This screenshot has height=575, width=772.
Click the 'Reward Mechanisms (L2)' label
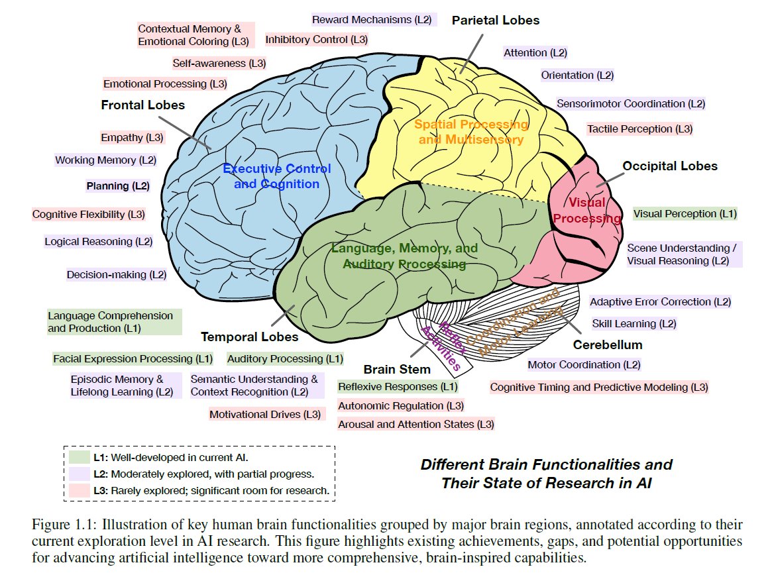coord(374,20)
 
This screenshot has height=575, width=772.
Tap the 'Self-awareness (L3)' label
coord(219,64)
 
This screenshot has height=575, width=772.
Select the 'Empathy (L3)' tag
coord(132,138)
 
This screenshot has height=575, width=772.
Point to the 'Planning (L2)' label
coord(118,186)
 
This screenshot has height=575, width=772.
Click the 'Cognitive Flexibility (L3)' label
coord(89,215)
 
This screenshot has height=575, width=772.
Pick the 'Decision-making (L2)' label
coord(116,274)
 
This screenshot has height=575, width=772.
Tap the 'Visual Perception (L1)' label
coord(685,214)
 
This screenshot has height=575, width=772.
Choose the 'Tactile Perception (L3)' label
coord(639,129)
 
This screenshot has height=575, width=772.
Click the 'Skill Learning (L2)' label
coord(634,324)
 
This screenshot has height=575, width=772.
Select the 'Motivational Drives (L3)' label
coord(265,415)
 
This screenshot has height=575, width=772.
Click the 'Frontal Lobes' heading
coord(142,105)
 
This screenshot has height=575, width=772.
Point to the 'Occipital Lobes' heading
coord(670,166)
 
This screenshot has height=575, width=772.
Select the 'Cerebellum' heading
coord(608,345)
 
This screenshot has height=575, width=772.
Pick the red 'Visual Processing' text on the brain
coord(587,210)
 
